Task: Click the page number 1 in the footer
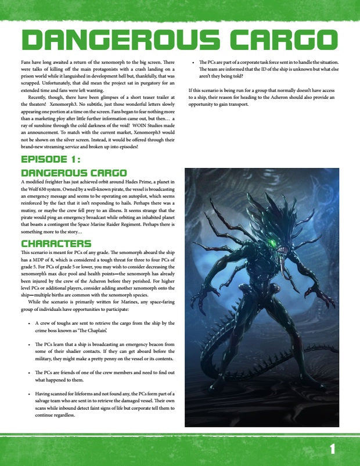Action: pos(332,449)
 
